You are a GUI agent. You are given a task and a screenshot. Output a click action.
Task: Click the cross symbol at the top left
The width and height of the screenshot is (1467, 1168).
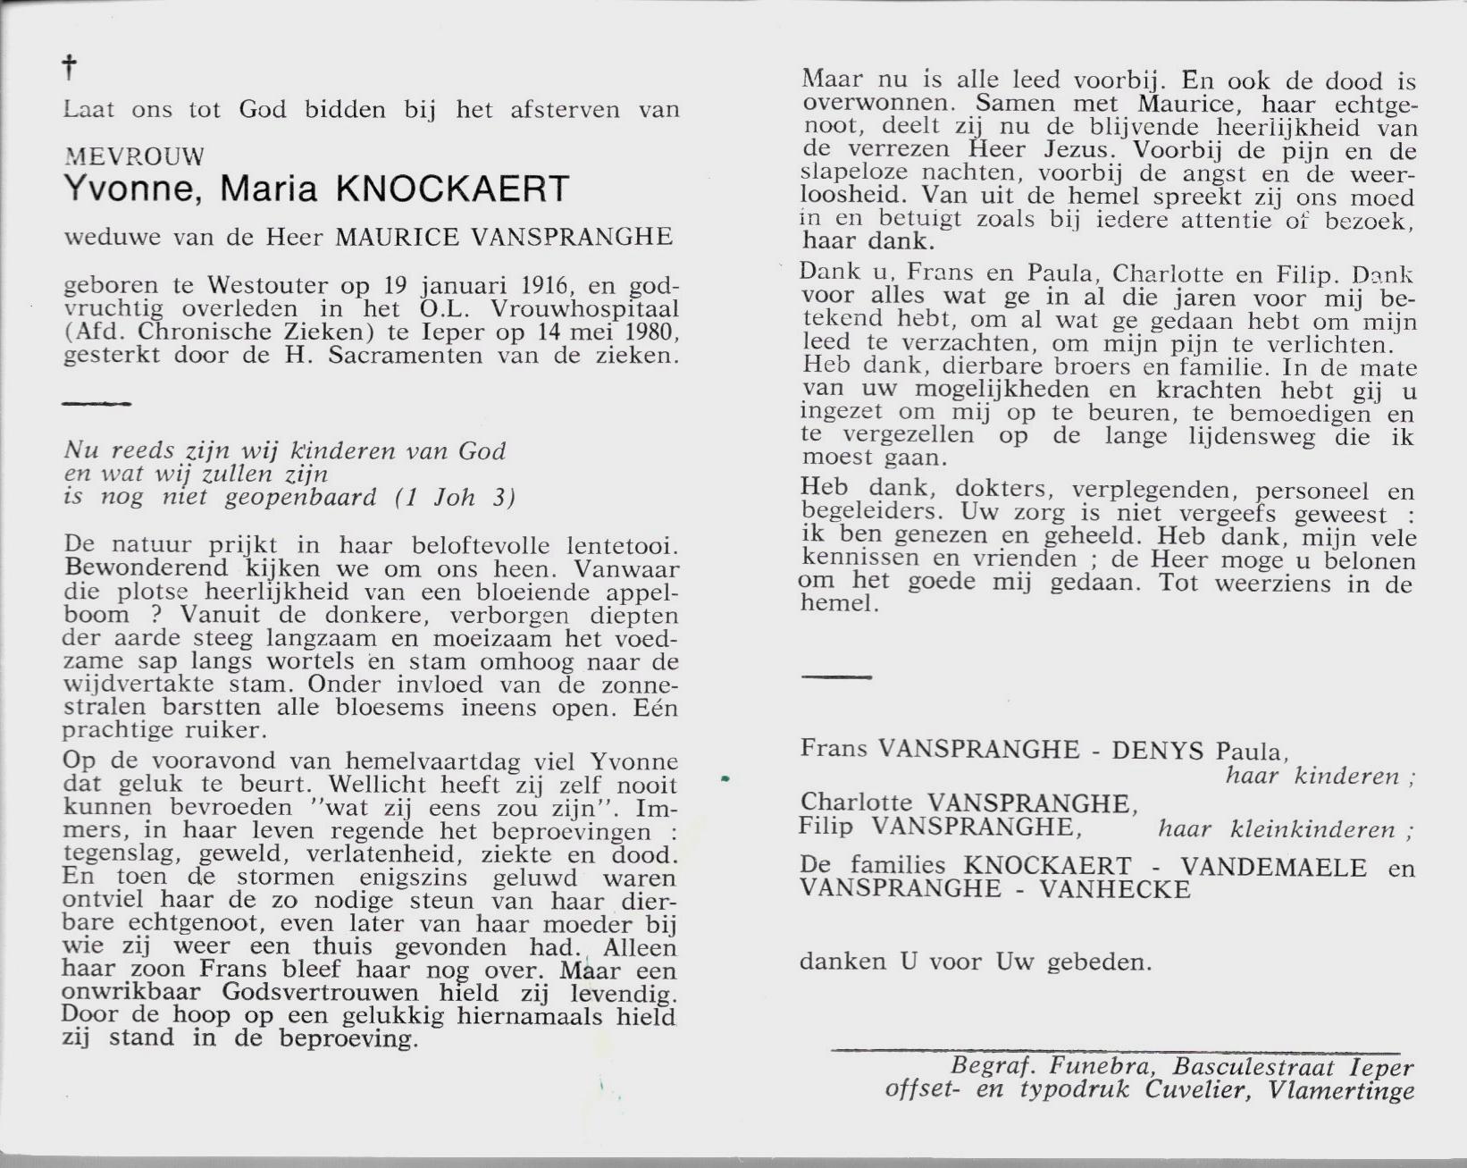tap(70, 67)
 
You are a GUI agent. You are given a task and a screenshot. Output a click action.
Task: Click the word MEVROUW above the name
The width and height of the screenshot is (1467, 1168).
tap(134, 156)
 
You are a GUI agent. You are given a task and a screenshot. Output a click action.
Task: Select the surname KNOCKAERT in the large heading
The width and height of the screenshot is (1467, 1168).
tap(451, 189)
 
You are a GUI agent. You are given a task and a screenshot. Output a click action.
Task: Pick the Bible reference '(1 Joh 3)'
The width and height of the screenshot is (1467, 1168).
tap(456, 498)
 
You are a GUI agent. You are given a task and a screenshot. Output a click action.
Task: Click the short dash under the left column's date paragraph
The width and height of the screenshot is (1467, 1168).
tap(96, 404)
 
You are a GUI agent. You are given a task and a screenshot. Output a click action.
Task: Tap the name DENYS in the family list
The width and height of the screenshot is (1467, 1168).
tap(1157, 750)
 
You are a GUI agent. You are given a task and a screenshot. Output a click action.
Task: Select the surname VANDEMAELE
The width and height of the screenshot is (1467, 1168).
tap(1274, 868)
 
